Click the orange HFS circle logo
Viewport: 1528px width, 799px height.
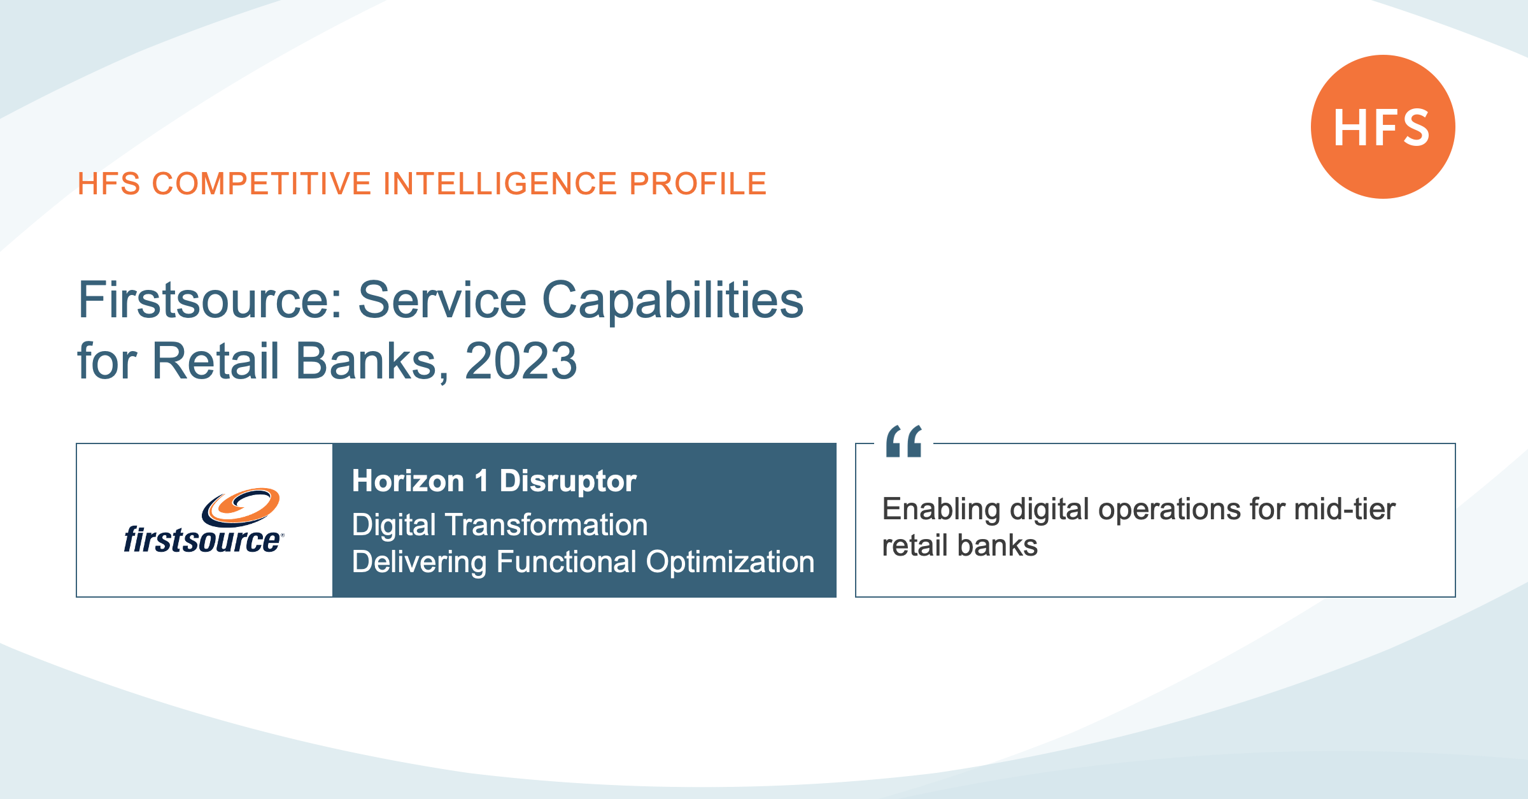tap(1383, 127)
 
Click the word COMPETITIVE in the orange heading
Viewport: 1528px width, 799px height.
tap(262, 184)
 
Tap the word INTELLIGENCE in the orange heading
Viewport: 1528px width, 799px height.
tap(500, 184)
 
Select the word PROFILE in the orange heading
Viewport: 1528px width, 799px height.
tap(698, 184)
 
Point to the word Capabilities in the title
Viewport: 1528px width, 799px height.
tap(672, 302)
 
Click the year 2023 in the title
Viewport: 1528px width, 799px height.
tap(521, 361)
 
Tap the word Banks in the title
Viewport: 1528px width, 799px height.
tap(367, 361)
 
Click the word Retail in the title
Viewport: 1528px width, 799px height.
tap(215, 361)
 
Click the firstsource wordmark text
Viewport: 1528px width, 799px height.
tap(202, 540)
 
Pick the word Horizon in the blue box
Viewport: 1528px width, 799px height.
tap(408, 481)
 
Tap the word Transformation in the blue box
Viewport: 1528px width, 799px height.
tap(546, 525)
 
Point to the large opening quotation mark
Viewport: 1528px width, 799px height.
tap(904, 441)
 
